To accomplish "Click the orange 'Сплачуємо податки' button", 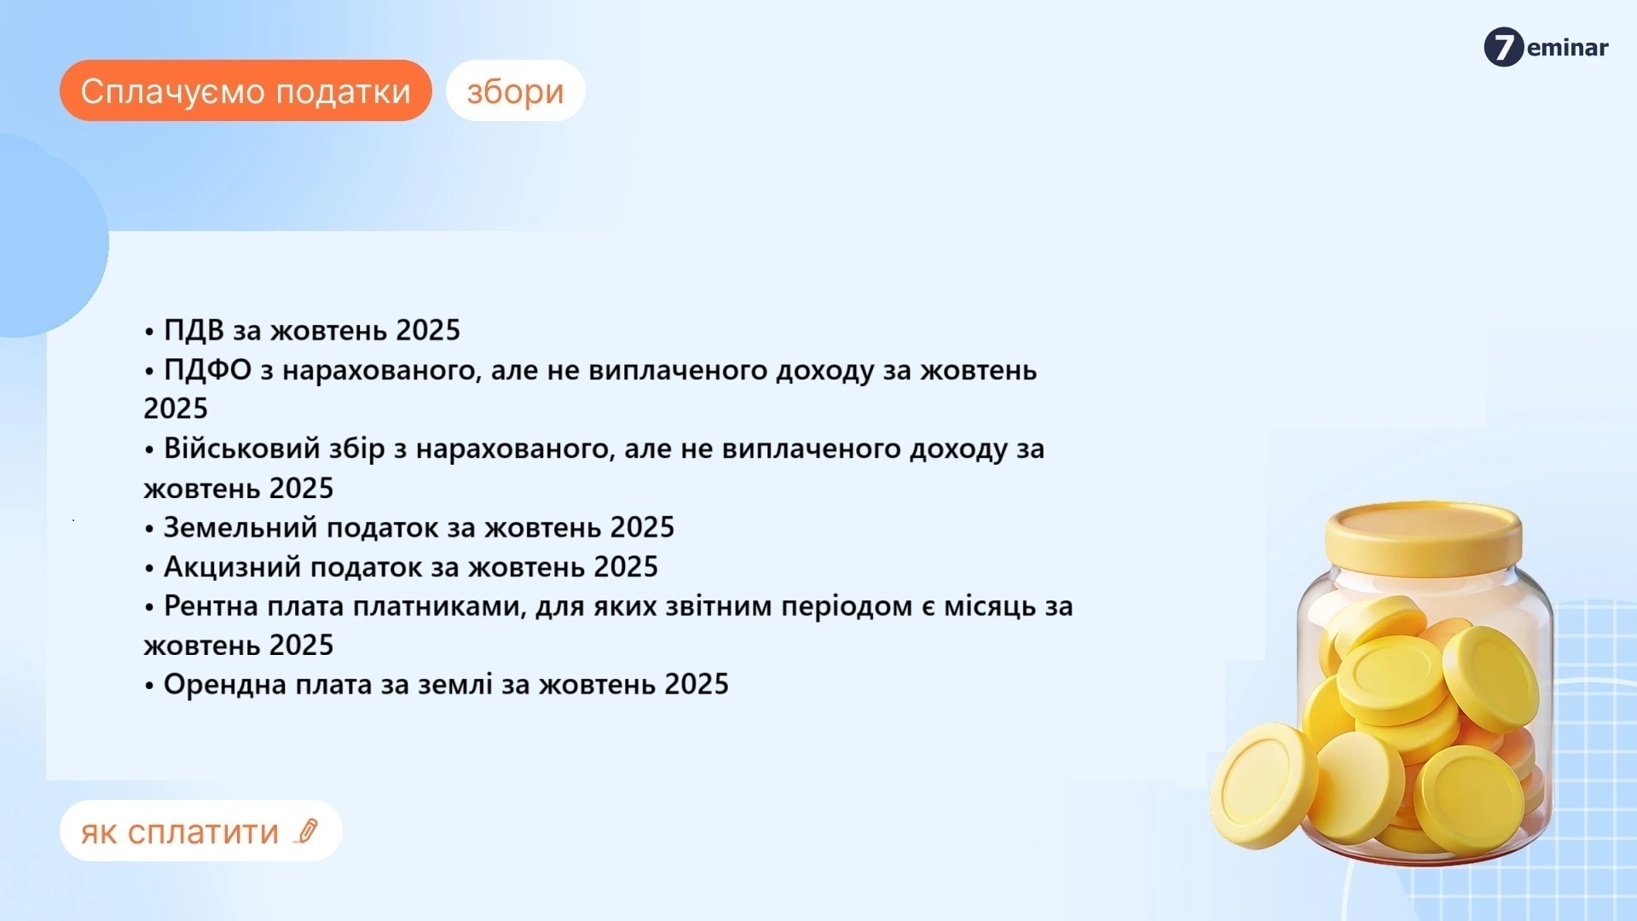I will (x=246, y=90).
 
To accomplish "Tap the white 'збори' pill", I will (x=515, y=90).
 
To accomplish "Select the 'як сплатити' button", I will (x=181, y=831).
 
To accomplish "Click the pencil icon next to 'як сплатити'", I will (x=306, y=831).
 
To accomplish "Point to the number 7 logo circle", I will (x=1503, y=47).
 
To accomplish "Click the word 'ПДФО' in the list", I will (x=207, y=370).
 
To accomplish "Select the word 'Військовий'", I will (x=240, y=449).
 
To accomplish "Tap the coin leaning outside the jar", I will (x=1263, y=785).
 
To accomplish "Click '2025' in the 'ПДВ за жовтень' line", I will (x=428, y=330).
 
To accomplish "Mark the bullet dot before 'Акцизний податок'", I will (x=149, y=568).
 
